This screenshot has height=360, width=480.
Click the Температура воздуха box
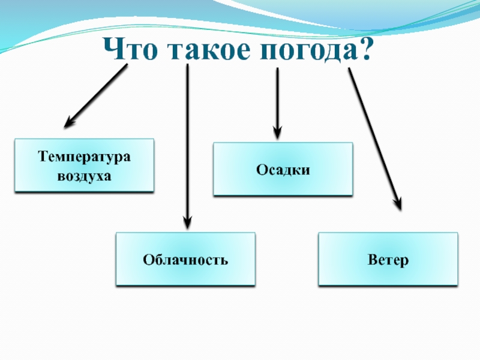click(x=84, y=166)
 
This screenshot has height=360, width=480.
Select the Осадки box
click(x=283, y=169)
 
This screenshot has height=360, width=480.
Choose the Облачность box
click(x=185, y=259)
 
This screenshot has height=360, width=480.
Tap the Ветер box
click(x=388, y=259)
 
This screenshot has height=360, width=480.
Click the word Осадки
click(x=283, y=170)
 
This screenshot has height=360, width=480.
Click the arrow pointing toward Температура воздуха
click(x=96, y=96)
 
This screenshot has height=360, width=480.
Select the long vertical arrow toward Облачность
click(x=188, y=144)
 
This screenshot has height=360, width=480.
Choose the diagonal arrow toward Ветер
click(x=374, y=138)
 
